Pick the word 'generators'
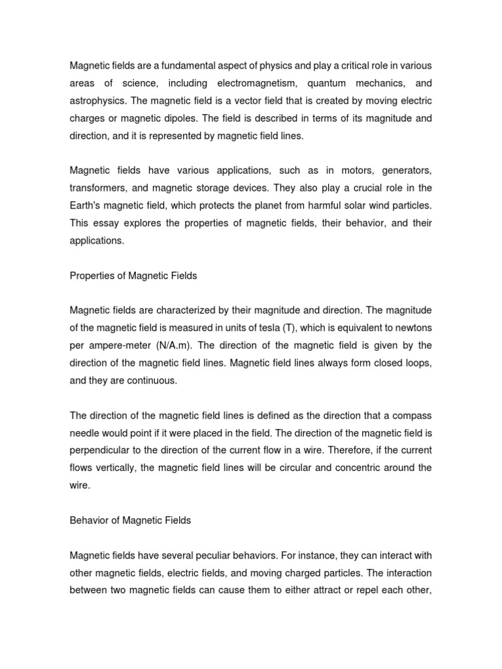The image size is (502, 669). (x=399, y=171)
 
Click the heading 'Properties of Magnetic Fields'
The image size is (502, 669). (x=133, y=276)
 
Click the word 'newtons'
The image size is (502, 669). (x=412, y=328)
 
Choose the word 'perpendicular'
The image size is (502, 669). (x=100, y=450)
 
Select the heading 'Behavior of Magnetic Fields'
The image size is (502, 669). (x=129, y=520)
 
